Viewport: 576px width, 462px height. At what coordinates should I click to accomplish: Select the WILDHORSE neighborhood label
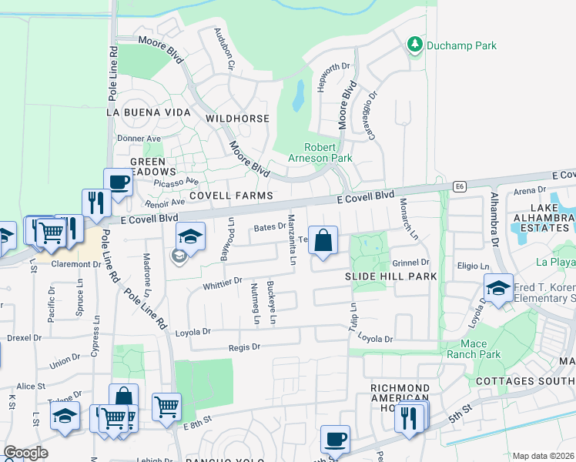[x=238, y=119]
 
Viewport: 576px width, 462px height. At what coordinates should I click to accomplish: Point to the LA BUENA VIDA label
[x=149, y=112]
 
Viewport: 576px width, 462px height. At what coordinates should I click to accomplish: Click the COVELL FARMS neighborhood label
[x=231, y=196]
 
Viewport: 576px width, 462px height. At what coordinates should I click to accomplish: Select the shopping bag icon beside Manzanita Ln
[x=324, y=239]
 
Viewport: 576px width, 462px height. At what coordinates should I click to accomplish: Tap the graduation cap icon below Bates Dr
[x=190, y=236]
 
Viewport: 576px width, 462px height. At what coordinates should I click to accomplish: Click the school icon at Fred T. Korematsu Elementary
[x=498, y=288]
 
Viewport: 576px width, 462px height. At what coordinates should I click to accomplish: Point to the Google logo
[x=25, y=453]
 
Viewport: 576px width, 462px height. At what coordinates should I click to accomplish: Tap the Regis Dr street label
[x=245, y=347]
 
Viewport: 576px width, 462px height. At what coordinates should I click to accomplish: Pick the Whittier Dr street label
[x=223, y=283]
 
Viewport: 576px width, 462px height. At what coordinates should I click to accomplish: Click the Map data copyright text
[x=543, y=456]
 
